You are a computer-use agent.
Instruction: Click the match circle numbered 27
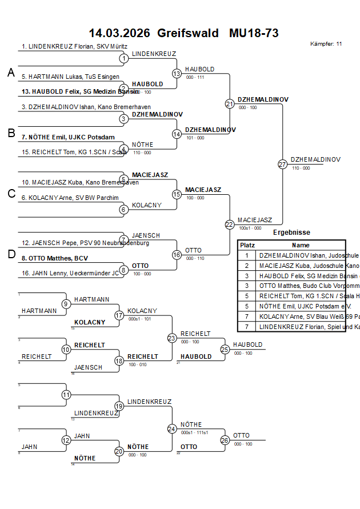pyautogui.click(x=282, y=165)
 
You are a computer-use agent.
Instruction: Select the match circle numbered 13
pyautogui.click(x=177, y=74)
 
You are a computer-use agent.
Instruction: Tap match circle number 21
pyautogui.click(x=230, y=104)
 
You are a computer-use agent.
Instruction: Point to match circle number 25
pyautogui.click(x=225, y=349)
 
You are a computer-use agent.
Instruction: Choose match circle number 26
pyautogui.click(x=225, y=440)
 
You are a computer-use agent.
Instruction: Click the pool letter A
pyautogui.click(x=11, y=73)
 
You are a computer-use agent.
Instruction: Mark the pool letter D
pyautogui.click(x=11, y=254)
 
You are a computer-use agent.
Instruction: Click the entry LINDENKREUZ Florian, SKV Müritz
pyautogui.click(x=74, y=46)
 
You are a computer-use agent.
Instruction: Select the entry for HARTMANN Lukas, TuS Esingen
pyautogui.click(x=71, y=77)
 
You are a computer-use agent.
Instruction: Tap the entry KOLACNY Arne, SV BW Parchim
pyautogui.click(x=70, y=198)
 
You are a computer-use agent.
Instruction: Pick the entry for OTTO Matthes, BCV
pyautogui.click(x=55, y=258)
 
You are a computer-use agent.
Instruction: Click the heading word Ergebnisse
pyautogui.click(x=291, y=233)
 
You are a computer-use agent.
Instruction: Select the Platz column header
pyautogui.click(x=247, y=245)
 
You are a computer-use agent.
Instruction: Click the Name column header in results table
pyautogui.click(x=301, y=245)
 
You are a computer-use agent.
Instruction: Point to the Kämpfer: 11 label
pyautogui.click(x=326, y=43)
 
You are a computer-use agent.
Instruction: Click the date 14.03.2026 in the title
pyautogui.click(x=119, y=33)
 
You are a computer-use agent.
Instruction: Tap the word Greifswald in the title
pyautogui.click(x=188, y=33)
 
